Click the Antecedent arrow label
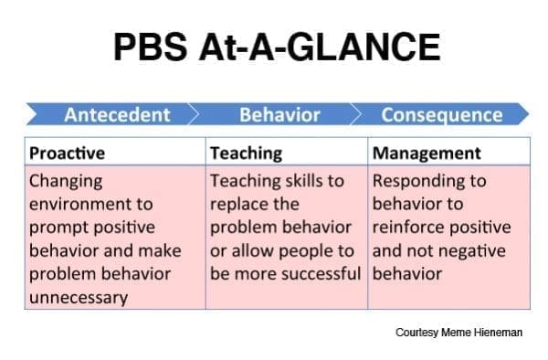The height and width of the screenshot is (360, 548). pos(117,115)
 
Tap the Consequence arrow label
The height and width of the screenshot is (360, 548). pos(441,115)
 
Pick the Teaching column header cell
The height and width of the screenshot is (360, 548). pos(246,153)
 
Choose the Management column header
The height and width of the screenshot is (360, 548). pos(427,153)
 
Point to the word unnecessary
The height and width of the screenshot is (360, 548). pos(79,297)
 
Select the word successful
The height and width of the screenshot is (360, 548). pos(315,273)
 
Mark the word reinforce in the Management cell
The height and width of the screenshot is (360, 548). pos(408,227)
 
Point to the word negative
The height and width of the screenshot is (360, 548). pos(481,250)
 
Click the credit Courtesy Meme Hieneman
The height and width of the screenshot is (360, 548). pos(458,333)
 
